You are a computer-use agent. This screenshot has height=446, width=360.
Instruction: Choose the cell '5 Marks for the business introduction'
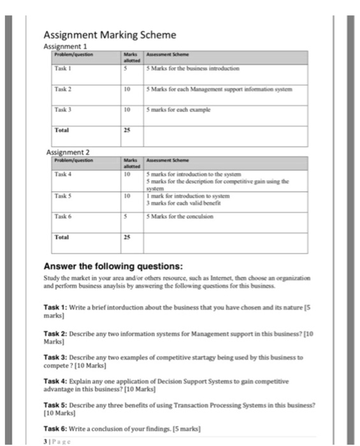(x=194, y=68)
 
